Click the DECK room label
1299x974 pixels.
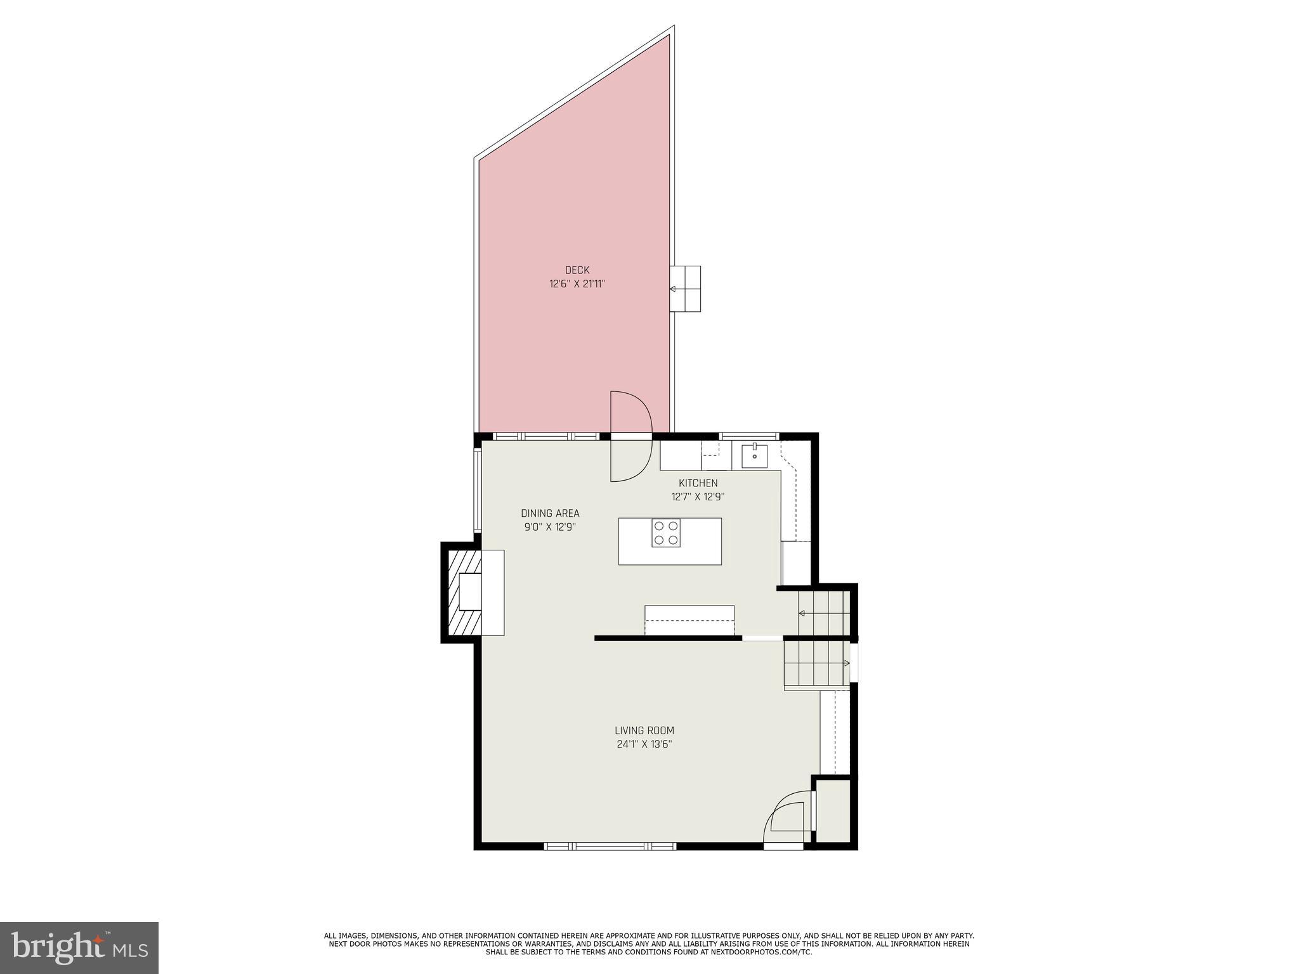point(577,270)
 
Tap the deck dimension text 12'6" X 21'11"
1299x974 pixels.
point(577,284)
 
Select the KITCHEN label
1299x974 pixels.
point(698,483)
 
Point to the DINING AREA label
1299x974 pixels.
point(550,514)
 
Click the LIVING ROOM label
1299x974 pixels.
point(644,730)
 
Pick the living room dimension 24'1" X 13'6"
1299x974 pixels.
point(644,744)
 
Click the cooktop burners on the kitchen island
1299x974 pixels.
point(666,533)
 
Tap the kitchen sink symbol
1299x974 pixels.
point(754,455)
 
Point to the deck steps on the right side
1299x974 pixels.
point(686,289)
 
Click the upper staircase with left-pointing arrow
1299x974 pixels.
point(823,613)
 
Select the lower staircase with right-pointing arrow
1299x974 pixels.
point(816,663)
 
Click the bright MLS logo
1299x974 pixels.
point(79,947)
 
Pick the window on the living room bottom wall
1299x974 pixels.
point(610,846)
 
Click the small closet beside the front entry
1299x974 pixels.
point(832,812)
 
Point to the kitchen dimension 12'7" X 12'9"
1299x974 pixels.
point(698,497)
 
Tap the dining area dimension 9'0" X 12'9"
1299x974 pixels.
point(550,527)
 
